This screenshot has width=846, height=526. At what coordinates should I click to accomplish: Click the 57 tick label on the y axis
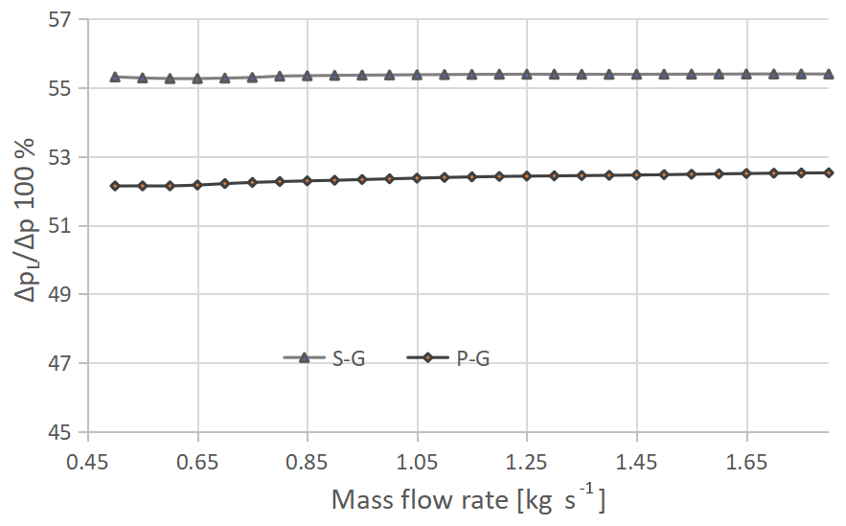(x=60, y=19)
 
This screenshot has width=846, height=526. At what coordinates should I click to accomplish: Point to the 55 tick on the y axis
(x=60, y=88)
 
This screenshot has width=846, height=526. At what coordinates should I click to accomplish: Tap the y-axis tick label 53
(x=60, y=157)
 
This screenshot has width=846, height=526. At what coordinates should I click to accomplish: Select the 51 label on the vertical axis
(x=60, y=226)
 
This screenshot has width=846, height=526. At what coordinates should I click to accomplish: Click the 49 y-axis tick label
(x=60, y=294)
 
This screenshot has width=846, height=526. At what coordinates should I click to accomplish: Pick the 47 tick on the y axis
(x=60, y=363)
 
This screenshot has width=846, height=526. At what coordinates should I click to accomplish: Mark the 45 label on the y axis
(x=60, y=432)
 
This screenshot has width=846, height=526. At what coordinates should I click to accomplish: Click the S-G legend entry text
(x=349, y=358)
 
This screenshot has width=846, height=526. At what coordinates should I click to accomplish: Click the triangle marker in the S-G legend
(x=304, y=357)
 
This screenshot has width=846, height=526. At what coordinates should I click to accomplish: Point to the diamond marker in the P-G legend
(x=429, y=357)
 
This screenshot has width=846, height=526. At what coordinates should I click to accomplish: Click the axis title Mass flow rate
(x=469, y=499)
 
